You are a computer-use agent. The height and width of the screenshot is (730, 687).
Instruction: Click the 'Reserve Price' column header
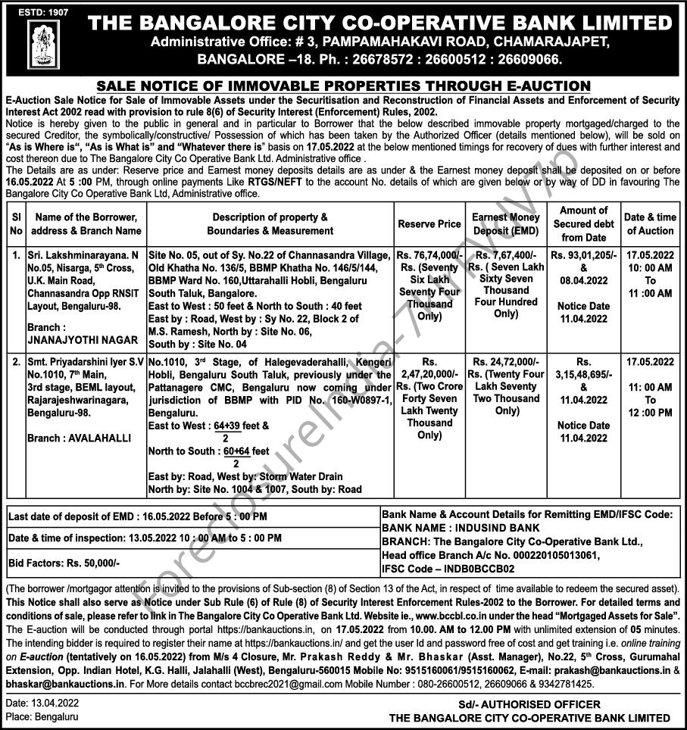pyautogui.click(x=429, y=224)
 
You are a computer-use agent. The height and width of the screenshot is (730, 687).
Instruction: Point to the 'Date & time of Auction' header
pyautogui.click(x=650, y=224)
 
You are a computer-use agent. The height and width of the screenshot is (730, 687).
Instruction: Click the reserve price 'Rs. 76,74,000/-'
pyautogui.click(x=429, y=255)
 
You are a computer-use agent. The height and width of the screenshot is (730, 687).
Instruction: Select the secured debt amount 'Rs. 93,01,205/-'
pyautogui.click(x=582, y=255)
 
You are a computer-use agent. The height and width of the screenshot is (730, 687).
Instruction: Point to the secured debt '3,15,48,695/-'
pyautogui.click(x=582, y=375)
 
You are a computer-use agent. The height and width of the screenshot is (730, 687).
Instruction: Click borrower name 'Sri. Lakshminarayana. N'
pyautogui.click(x=83, y=255)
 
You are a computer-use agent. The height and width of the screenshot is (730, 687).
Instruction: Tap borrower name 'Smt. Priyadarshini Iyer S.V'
pyautogui.click(x=86, y=362)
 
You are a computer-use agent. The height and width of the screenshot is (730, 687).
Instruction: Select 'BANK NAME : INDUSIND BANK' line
pyautogui.click(x=461, y=528)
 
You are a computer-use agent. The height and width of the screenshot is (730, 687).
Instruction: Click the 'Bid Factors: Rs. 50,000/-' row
pyautogui.click(x=64, y=563)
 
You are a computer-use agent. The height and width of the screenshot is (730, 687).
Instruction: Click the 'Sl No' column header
pyautogui.click(x=17, y=224)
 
